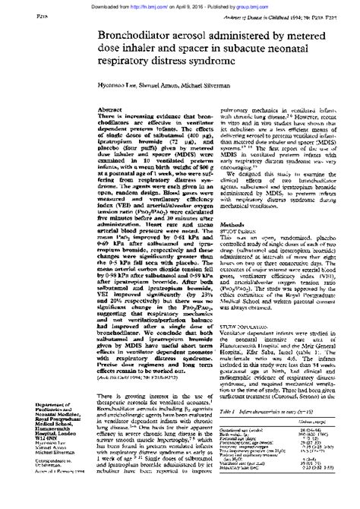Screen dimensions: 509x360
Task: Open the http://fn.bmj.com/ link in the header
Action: pos(126,4)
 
